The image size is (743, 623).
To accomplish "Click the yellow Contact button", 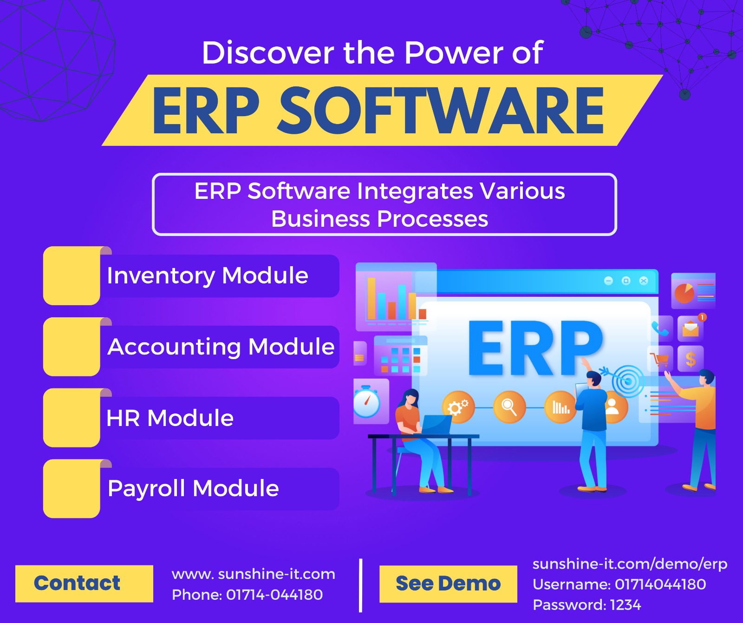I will pos(84,584).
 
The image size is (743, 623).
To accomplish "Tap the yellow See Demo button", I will pos(448,584).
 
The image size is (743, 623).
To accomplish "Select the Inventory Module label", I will pos(208,275).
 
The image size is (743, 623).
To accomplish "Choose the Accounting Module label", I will pos(221,347).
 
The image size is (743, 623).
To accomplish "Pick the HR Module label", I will pos(170,418).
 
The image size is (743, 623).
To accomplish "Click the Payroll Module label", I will pos(193,488).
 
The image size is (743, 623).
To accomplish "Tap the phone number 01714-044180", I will pos(274,595).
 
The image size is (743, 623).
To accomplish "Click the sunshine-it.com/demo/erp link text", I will pos(630,564).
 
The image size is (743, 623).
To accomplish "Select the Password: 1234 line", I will pos(587,605).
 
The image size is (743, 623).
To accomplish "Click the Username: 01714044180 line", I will pos(619,584).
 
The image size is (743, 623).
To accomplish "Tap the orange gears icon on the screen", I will pos(458,407).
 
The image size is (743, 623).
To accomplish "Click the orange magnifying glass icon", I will pos(509,407).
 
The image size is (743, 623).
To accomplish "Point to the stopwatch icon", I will pos(367,402).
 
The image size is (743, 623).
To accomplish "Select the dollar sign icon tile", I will pos(691,359).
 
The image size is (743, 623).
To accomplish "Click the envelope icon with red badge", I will pos(691,328).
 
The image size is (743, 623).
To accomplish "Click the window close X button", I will pos(644,281).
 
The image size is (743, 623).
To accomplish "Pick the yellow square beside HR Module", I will pos(72,418).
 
